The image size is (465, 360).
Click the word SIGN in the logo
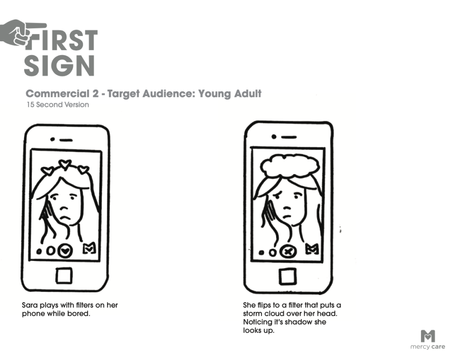point(59,65)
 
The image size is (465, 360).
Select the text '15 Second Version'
point(58,105)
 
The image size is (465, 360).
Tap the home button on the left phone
point(64,275)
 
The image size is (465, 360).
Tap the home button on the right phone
point(287,276)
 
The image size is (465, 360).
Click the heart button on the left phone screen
point(65,251)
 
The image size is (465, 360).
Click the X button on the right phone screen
point(287,252)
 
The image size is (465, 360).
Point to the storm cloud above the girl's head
point(289,166)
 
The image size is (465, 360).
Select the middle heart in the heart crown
point(64,164)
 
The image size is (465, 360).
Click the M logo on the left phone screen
point(89,248)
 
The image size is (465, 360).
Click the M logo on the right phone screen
point(312,249)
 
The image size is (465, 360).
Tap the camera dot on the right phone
point(274,136)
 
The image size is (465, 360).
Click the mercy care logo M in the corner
point(428,336)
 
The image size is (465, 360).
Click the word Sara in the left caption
point(30,305)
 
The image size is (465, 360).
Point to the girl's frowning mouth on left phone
point(66,218)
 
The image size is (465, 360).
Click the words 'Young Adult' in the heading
point(230,94)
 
